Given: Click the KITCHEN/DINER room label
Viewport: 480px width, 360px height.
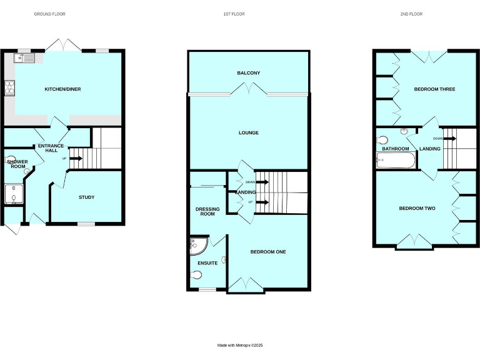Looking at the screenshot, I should click(62, 89).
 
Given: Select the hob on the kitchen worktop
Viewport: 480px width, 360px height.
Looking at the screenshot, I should click(10, 88).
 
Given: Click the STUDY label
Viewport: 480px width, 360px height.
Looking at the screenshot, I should click(86, 197).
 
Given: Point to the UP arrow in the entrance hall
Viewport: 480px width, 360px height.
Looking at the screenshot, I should click(75, 158).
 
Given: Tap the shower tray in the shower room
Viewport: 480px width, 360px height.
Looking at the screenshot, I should click(13, 194).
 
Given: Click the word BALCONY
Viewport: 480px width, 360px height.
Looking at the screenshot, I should click(248, 73).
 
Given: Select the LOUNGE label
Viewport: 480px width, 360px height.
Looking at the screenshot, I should click(248, 132).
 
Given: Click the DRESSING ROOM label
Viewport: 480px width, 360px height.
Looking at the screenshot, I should click(207, 211).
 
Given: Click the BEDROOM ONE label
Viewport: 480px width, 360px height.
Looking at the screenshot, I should click(268, 252).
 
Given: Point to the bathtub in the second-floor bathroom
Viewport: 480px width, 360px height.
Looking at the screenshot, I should click(396, 161).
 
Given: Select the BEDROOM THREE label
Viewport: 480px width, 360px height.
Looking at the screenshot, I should click(434, 89).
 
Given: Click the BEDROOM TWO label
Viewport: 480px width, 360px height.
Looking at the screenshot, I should click(417, 208).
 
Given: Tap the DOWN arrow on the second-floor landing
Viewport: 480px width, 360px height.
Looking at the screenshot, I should click(448, 138).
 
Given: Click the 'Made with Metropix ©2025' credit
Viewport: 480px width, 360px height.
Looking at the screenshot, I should click(241, 345).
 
